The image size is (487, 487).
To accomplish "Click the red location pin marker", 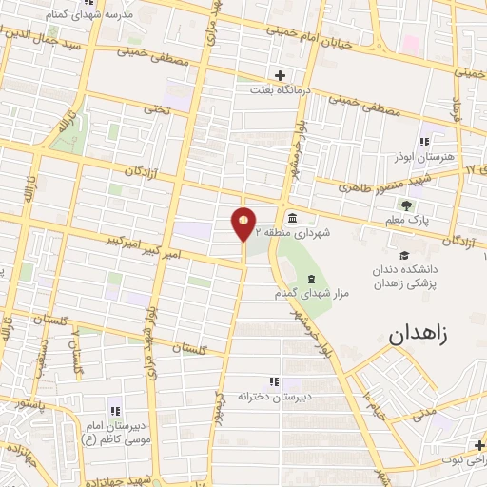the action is pyautogui.click(x=243, y=223).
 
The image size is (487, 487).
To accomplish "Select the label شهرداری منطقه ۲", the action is pyautogui.click(x=326, y=232).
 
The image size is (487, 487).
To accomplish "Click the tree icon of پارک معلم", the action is pyautogui.click(x=408, y=205).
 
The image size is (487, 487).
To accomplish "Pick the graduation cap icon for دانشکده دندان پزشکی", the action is pyautogui.click(x=405, y=255).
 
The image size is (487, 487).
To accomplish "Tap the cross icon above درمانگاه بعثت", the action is pyautogui.click(x=280, y=75).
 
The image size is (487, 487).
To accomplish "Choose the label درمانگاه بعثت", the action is pyautogui.click(x=280, y=90).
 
